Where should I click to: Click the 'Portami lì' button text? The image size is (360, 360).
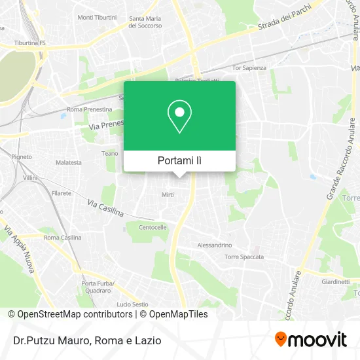pyautogui.click(x=179, y=160)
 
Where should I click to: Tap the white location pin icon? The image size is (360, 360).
pyautogui.click(x=179, y=117)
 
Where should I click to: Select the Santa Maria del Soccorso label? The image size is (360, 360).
pyautogui.click(x=145, y=22)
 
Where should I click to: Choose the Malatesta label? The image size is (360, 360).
pyautogui.click(x=69, y=162)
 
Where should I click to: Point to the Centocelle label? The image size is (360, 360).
pyautogui.click(x=153, y=228)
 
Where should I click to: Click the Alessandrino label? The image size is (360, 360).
pyautogui.click(x=215, y=245)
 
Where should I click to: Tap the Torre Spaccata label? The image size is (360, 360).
pyautogui.click(x=243, y=257)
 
